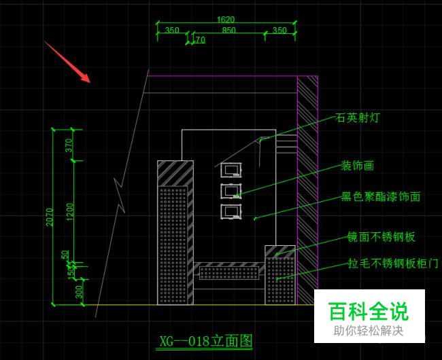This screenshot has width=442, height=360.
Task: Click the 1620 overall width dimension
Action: point(226,20)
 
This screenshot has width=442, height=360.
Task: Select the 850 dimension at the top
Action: point(228,30)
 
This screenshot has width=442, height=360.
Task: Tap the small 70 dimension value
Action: point(199,41)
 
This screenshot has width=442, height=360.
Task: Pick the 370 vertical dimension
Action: point(69,145)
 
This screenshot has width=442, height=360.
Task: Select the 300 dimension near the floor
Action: point(79,291)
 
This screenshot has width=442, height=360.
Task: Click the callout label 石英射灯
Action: point(358,118)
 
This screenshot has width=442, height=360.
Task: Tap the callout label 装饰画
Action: point(357,165)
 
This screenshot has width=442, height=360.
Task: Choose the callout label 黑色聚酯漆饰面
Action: point(380,197)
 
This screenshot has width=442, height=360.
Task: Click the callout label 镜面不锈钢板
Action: point(380,237)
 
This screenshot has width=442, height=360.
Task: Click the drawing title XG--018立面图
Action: point(205,340)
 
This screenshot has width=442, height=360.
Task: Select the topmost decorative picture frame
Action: point(231,170)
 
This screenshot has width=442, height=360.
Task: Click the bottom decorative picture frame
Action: point(231,211)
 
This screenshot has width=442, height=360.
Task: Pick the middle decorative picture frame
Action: point(231,191)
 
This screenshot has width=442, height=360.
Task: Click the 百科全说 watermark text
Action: point(369,312)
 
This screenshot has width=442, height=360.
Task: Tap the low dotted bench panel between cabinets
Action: point(229,273)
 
